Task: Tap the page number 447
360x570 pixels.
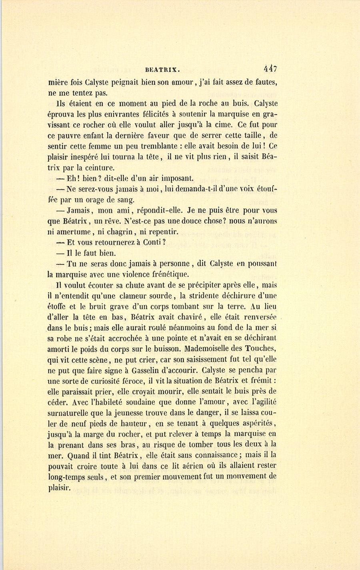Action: (270, 68)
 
